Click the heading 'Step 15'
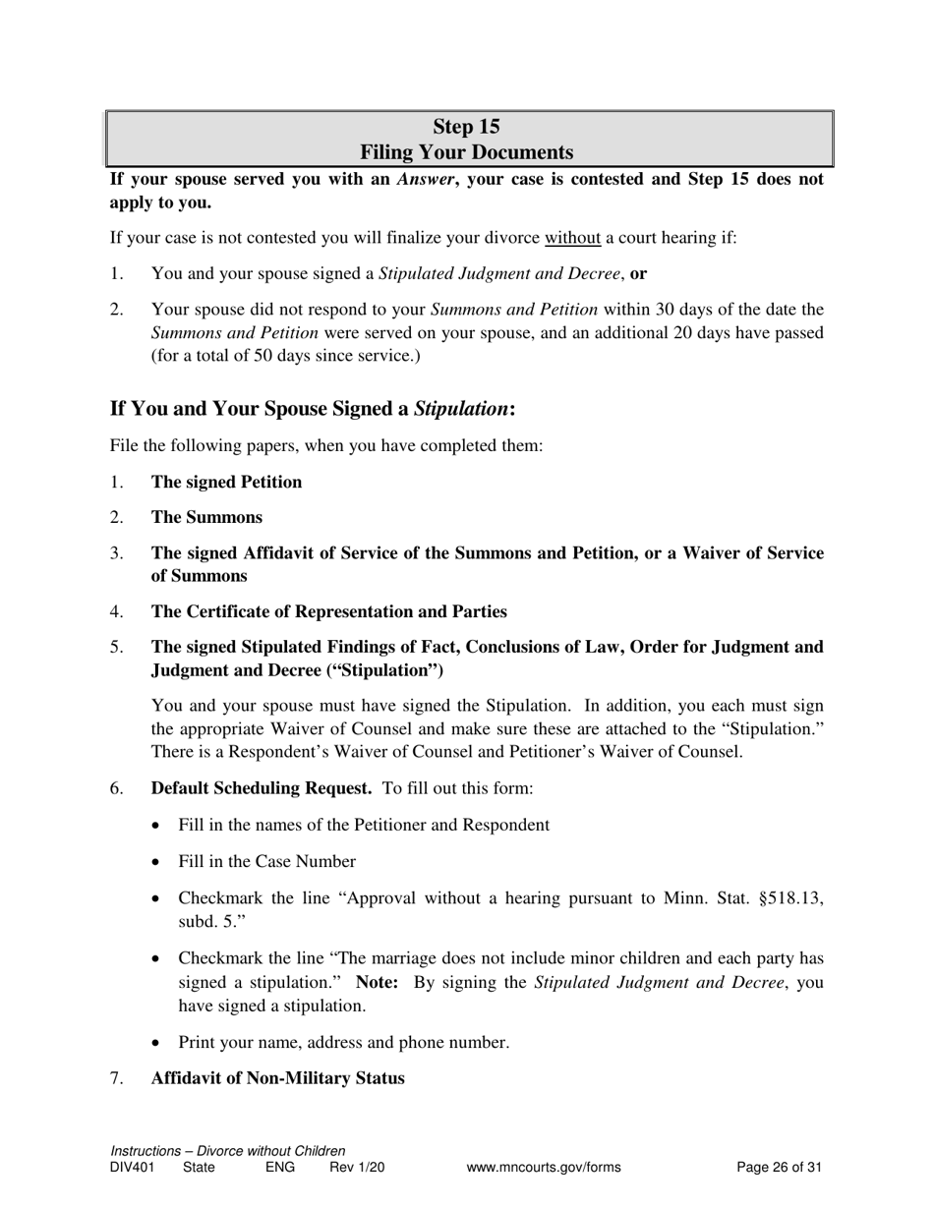[x=466, y=127]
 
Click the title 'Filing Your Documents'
[x=466, y=152]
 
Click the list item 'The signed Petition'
[x=226, y=482]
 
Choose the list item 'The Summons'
[x=206, y=517]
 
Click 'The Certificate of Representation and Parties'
[x=328, y=611]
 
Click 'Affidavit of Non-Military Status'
[x=277, y=1078]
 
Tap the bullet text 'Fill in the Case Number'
[x=266, y=861]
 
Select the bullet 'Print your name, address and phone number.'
[x=343, y=1043]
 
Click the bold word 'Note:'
[x=377, y=983]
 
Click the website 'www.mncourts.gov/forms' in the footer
[x=544, y=1168]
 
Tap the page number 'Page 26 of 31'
[x=779, y=1168]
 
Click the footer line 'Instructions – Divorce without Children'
[x=228, y=1151]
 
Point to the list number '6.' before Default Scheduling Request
[x=117, y=788]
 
